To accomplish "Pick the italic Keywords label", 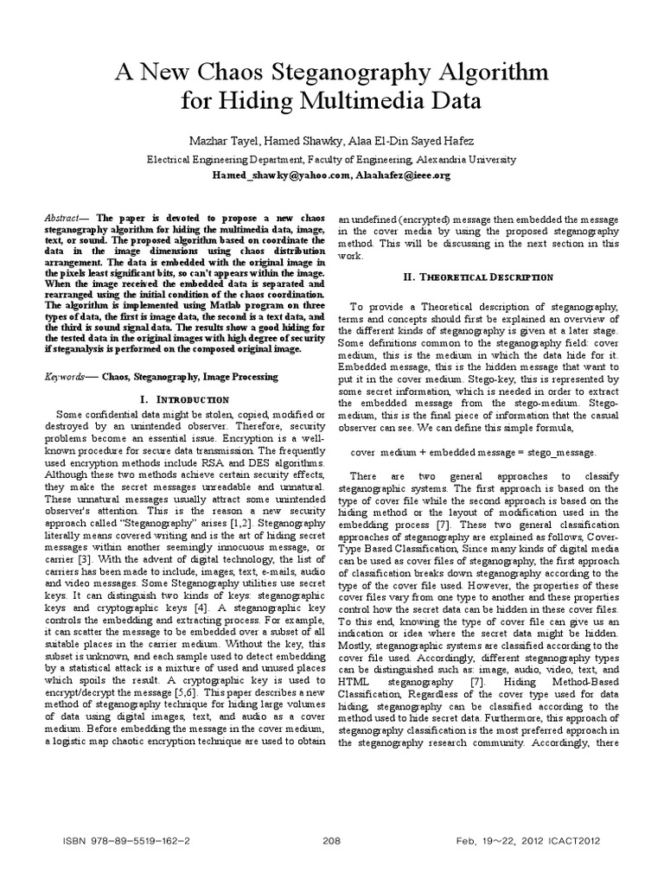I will (x=66, y=378).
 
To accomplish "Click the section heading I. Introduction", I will (x=183, y=399).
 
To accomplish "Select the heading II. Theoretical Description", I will (x=479, y=277).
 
